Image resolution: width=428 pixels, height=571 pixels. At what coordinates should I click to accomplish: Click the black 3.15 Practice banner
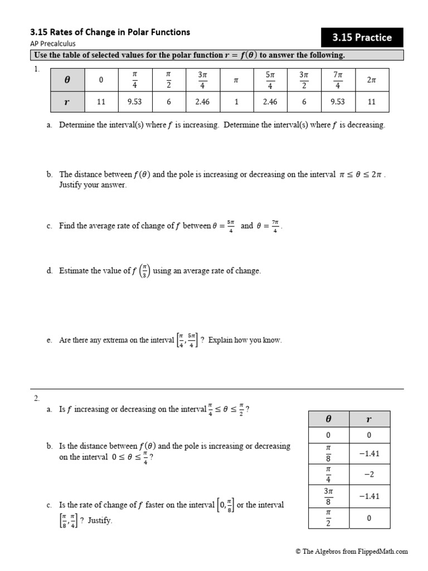362,37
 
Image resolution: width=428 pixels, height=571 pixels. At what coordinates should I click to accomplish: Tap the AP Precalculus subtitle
53,43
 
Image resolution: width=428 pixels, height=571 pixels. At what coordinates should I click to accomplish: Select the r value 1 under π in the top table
236,102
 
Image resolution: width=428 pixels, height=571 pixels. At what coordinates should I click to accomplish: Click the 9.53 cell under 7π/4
338,102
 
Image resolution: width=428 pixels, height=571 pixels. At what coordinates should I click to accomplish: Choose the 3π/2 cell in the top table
304,80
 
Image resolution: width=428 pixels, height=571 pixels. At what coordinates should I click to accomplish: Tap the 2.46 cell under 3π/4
202,102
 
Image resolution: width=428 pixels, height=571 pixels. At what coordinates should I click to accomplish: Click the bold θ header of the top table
67,80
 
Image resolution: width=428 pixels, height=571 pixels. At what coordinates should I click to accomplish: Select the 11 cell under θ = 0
101,102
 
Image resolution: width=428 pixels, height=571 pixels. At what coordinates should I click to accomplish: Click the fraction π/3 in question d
143,271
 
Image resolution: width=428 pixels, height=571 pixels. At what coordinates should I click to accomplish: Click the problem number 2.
37,398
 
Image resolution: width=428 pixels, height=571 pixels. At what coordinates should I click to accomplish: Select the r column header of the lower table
369,419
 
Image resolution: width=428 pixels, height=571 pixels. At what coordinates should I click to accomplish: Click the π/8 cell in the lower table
328,453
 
